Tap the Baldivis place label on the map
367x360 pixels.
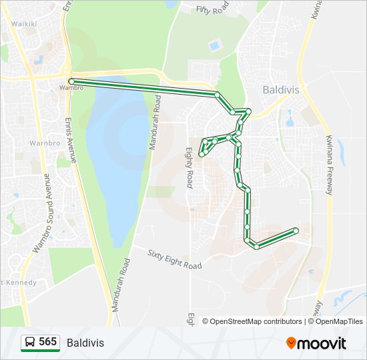pos(280,89)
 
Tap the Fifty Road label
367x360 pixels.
pos(212,10)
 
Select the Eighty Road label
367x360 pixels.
pos(189,168)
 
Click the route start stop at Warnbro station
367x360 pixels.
pos(71,81)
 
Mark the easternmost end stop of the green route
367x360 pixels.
pos(296,231)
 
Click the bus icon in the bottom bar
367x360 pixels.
pos(30,343)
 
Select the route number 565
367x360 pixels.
pos(48,342)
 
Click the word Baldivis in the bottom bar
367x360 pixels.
pos(85,343)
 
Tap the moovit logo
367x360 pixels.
pos(316,343)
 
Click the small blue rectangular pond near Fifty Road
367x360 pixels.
pos(214,46)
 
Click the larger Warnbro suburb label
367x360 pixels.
pos(45,143)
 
